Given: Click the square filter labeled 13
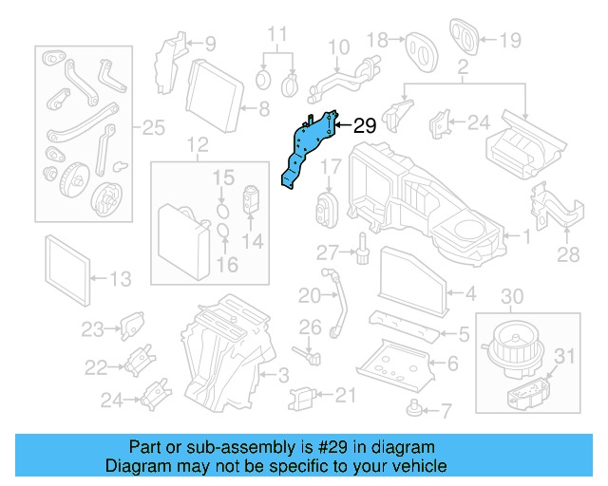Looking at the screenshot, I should click(x=69, y=266).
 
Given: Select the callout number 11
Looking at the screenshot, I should click(x=276, y=35).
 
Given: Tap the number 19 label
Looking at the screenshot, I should click(x=511, y=40).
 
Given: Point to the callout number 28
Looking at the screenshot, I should click(x=567, y=255).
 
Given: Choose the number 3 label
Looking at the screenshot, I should click(x=282, y=379).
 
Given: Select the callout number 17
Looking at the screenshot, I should click(x=329, y=167).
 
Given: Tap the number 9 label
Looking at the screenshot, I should click(x=209, y=43).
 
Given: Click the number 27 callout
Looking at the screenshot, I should click(x=328, y=252).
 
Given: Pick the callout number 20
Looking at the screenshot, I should click(x=310, y=296).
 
